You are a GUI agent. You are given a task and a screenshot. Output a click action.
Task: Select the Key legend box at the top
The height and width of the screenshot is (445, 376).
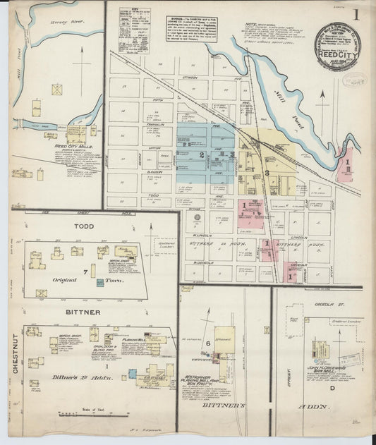pos(134,30)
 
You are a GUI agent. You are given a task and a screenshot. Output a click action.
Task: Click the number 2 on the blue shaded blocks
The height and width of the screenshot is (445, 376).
pos(202,154)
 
